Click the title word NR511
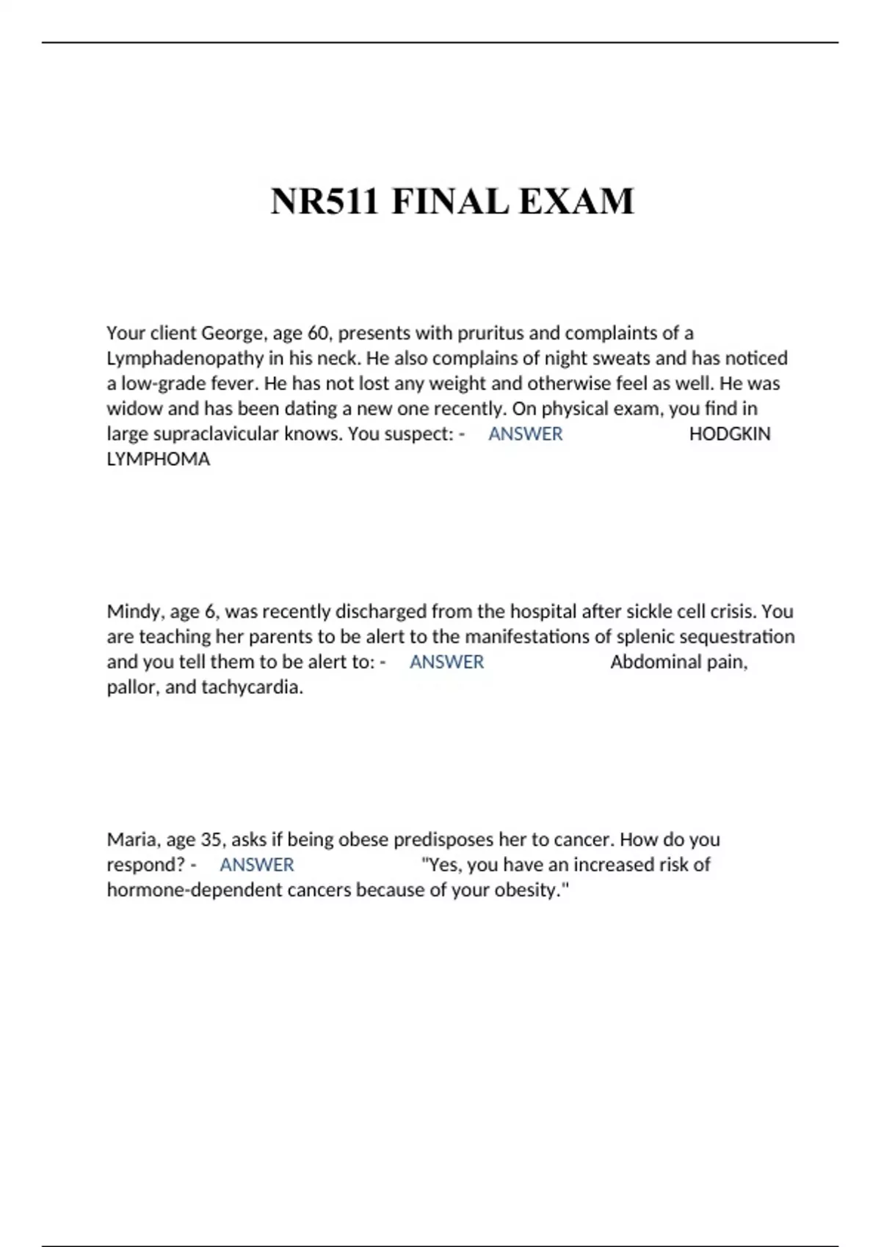pos(325,202)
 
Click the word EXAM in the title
pos(576,202)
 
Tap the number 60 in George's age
pos(318,334)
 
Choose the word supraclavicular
pos(216,434)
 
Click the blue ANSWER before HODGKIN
pos(526,434)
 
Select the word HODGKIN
pos(730,434)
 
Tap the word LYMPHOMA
pos(159,459)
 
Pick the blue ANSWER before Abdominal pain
pos(446,662)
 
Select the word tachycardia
pos(252,687)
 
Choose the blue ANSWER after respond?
pos(257,865)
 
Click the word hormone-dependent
pos(192,891)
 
